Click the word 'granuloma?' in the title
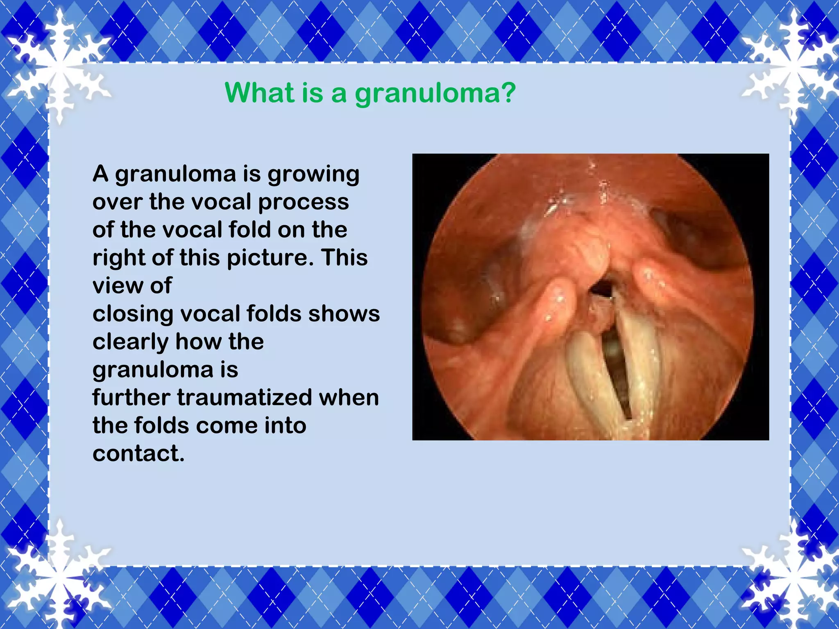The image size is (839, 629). [x=435, y=93]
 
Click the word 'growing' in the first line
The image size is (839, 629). [x=313, y=174]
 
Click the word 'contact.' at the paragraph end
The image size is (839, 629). [x=138, y=453]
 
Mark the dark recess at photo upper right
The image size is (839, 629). [x=692, y=238]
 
